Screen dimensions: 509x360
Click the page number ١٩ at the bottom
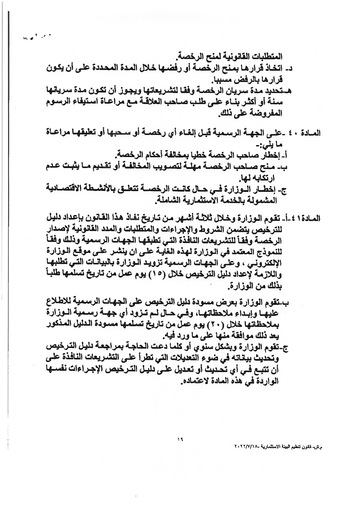[x=179, y=439]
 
